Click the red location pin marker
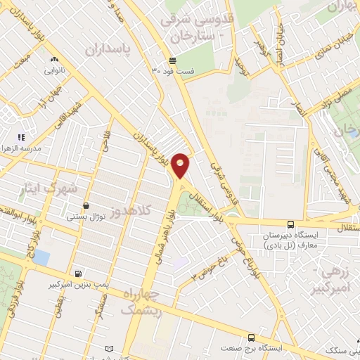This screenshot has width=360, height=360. (181, 165)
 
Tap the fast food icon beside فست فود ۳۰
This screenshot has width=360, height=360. (172, 60)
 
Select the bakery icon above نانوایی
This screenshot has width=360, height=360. (55, 61)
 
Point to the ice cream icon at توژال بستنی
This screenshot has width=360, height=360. (86, 206)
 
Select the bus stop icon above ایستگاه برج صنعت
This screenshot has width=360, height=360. (252, 337)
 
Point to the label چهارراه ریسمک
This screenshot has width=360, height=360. (141, 302)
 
